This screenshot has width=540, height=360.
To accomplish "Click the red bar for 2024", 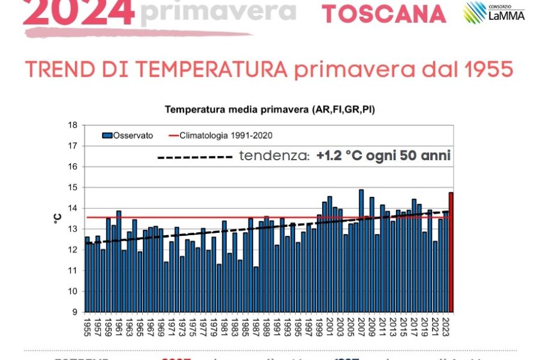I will [x=451, y=252].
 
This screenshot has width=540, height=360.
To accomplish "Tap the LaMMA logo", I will [x=494, y=12].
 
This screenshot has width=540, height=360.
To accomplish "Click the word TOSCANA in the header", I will [x=384, y=14].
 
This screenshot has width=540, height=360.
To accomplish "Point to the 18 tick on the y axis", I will [x=73, y=125].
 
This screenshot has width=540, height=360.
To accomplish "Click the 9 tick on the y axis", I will [x=74, y=312].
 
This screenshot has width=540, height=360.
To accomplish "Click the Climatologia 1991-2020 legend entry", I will [x=229, y=136].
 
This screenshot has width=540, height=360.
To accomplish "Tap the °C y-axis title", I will [x=58, y=218].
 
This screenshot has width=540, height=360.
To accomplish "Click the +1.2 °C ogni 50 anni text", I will [x=384, y=156].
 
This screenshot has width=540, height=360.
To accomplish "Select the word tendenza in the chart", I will [x=274, y=156].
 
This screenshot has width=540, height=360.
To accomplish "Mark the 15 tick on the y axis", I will [x=73, y=188].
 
